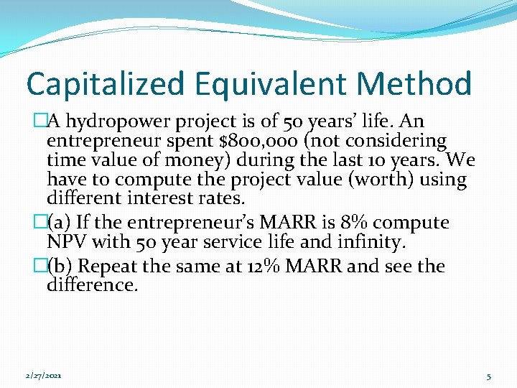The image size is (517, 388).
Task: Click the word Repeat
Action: (x=104, y=267)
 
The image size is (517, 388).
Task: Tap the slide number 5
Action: (x=488, y=376)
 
